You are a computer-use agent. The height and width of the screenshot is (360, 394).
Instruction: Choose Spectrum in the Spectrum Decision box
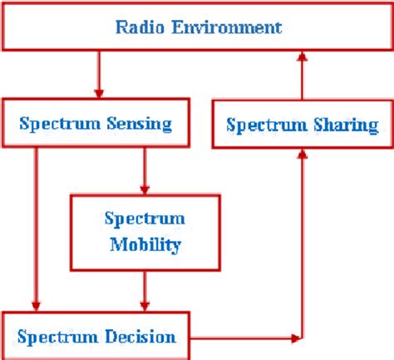(59, 337)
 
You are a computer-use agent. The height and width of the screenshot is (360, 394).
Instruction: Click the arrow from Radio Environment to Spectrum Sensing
(101, 75)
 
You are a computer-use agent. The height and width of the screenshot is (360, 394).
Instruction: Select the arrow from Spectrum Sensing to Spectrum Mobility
(145, 170)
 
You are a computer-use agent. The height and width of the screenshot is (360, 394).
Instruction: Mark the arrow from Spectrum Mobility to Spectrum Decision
(145, 289)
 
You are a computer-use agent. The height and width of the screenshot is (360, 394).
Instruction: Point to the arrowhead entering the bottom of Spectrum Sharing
(303, 157)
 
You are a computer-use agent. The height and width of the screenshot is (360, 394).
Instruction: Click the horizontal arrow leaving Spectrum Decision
(249, 338)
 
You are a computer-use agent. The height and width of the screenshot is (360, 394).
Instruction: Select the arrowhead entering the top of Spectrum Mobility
(145, 189)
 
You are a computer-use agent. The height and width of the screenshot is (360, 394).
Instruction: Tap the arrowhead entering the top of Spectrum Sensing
(101, 93)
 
